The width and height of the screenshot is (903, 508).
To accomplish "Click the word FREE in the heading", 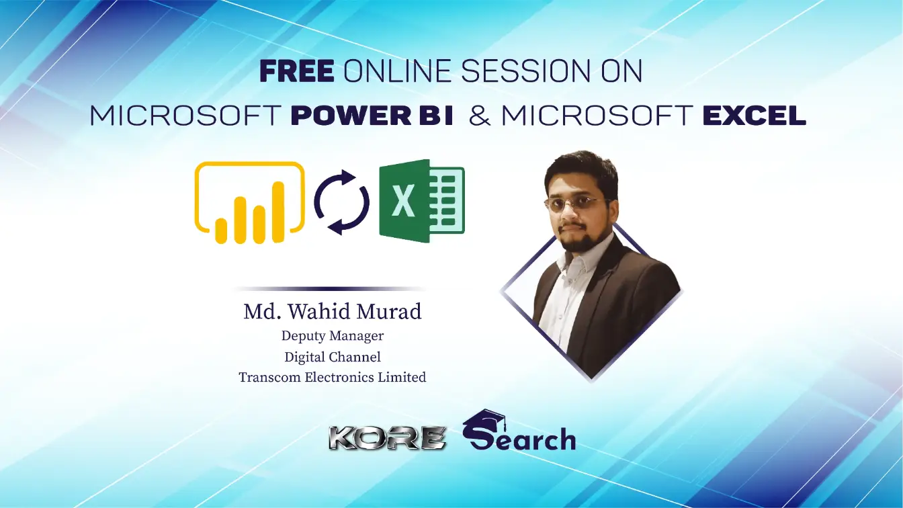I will click(296, 72).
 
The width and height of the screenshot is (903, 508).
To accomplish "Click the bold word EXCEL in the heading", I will click(754, 116).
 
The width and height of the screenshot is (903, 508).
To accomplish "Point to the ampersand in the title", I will click(480, 116).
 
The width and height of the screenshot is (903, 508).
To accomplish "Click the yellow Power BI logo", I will click(249, 202).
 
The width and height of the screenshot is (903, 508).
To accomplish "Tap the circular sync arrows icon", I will click(342, 201).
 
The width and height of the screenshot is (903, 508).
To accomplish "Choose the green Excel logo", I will click(421, 201).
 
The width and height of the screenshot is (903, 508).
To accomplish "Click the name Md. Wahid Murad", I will click(333, 312).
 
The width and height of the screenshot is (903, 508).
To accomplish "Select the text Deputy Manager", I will click(333, 335).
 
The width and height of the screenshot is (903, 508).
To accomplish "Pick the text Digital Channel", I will click(333, 356).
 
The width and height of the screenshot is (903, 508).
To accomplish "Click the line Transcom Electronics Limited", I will click(333, 377).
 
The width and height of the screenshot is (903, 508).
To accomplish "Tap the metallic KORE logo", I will click(388, 438).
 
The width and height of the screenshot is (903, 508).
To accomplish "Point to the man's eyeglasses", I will click(576, 204).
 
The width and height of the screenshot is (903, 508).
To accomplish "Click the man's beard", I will click(578, 239).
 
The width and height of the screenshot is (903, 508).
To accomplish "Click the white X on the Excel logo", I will click(403, 202).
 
